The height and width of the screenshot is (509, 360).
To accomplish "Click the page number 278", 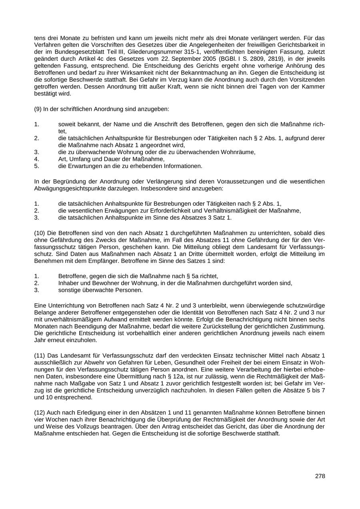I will point(320,476).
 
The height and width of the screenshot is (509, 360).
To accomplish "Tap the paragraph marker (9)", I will point(39,109).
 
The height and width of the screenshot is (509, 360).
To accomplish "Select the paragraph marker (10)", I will point(40,233).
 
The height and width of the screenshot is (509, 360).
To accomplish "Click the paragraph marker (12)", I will point(40,412).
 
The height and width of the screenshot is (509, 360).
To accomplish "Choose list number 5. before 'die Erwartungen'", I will point(36,166).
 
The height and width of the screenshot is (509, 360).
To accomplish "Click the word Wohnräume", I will point(238,152).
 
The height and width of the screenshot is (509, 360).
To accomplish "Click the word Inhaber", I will point(69,283).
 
